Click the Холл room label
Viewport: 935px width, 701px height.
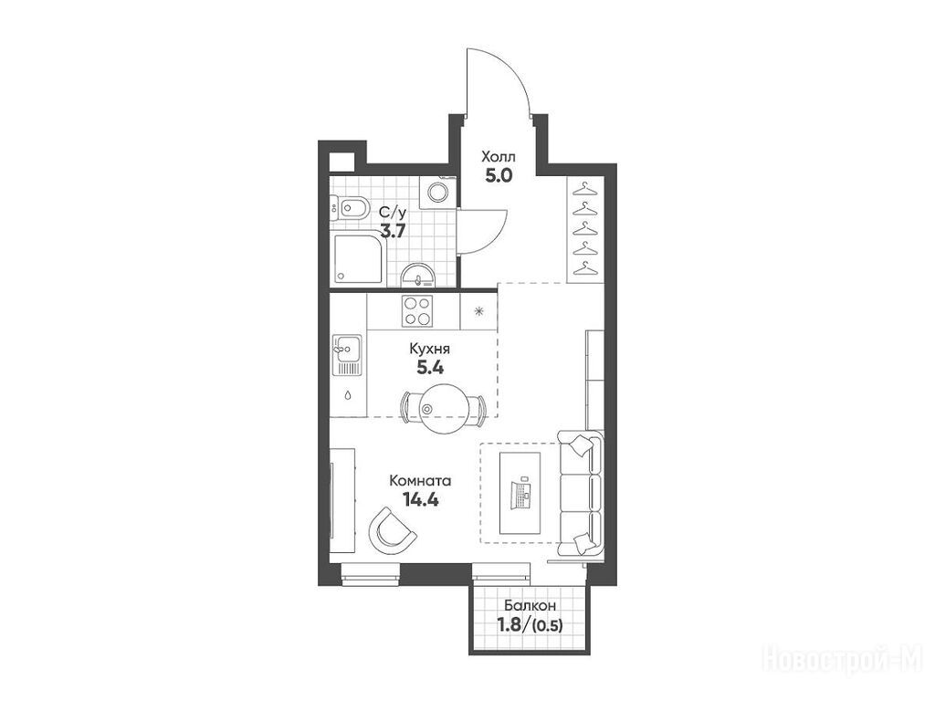pos(499,157)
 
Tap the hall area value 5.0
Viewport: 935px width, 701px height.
pos(499,177)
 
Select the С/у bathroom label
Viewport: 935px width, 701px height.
pos(394,212)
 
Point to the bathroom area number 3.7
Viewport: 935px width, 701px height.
pos(394,231)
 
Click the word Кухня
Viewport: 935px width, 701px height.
pos(429,348)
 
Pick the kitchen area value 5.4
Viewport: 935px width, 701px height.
pos(430,368)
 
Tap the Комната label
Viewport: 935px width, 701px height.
pos(420,480)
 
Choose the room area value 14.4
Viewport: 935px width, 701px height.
pos(421,499)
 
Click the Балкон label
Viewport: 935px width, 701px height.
pos(531,605)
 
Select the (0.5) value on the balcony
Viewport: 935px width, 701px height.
pos(548,625)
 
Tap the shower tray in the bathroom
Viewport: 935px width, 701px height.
pos(358,260)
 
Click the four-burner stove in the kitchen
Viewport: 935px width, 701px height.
pos(416,310)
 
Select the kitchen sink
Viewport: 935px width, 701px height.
pos(347,355)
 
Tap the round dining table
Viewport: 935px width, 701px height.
pos(443,408)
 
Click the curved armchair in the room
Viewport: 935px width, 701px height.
pos(392,529)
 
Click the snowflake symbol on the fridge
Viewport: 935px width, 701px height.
pos(478,310)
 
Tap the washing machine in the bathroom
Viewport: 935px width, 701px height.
pos(439,192)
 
